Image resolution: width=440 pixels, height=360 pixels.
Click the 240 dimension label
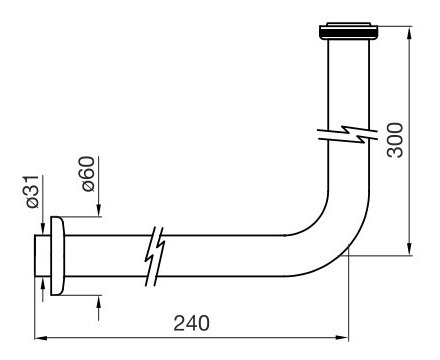click(x=191, y=323)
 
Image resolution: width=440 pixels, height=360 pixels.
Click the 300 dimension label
click(x=395, y=140)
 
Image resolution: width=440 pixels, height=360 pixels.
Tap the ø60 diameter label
click(x=88, y=174)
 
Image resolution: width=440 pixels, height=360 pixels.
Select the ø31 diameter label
click(x=33, y=192)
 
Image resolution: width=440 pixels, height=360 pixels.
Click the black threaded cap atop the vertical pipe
click(x=349, y=31)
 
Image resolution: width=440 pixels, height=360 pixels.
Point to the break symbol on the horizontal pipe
click(x=155, y=256)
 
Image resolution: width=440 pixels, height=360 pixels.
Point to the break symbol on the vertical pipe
click(x=348, y=134)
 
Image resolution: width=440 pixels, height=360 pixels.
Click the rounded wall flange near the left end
click(x=57, y=256)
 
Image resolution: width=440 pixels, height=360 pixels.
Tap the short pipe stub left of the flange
click(x=43, y=256)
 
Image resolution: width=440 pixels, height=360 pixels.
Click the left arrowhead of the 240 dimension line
click(x=40, y=338)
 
